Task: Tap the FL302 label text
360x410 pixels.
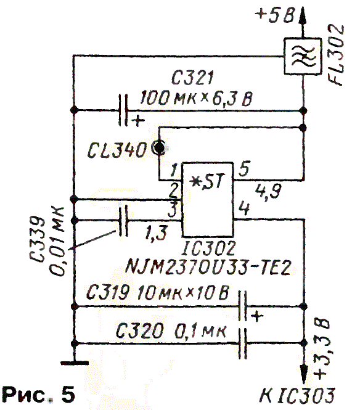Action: [336, 55]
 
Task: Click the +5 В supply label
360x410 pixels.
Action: [275, 15]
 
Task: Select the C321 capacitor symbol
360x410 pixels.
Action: [123, 110]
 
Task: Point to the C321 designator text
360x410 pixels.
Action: [192, 78]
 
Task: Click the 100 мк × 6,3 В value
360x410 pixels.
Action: [196, 99]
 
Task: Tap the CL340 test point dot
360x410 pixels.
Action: [158, 148]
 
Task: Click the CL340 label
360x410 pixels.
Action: [117, 150]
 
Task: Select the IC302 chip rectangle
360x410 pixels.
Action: [208, 200]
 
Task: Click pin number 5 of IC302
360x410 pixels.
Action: [244, 169]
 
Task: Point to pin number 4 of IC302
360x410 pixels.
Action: [243, 208]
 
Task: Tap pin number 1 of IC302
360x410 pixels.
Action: [174, 171]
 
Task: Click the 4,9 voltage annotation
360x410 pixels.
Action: [268, 192]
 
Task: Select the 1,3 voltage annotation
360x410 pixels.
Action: [157, 232]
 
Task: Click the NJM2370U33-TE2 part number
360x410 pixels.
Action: [208, 267]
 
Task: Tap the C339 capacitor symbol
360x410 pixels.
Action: [123, 221]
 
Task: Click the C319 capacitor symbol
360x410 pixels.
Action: [243, 306]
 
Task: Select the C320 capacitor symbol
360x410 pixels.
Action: [243, 343]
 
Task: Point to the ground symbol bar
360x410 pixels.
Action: [75, 363]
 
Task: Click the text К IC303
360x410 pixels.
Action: [297, 395]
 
